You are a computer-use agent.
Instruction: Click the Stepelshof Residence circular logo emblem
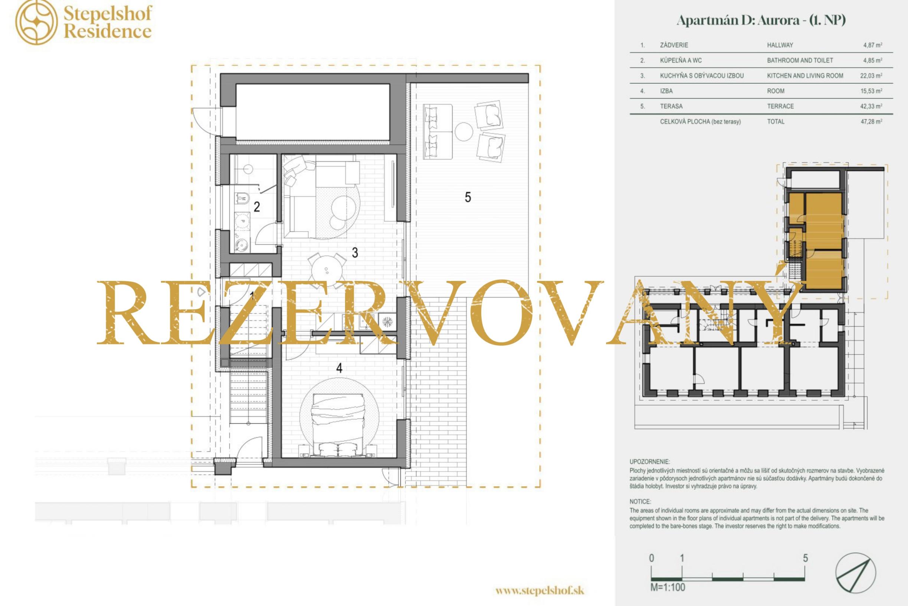pos(36,22)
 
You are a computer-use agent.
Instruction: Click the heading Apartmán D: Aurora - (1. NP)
pos(761,20)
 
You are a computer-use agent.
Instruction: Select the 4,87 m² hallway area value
pos(872,45)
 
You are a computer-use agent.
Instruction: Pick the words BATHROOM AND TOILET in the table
pos(800,60)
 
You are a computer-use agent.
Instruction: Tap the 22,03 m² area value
pos(871,76)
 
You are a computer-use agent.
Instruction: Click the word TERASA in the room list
pos(671,106)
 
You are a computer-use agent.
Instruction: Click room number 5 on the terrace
pos(468,198)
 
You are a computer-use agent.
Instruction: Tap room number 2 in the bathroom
pos(256,207)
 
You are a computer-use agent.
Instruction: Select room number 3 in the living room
pos(355,253)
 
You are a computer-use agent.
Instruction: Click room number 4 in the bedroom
pos(339,368)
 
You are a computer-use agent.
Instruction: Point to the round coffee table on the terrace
pos(464,132)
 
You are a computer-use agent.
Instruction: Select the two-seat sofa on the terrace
pos(438,132)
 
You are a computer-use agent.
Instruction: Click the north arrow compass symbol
pos(856,573)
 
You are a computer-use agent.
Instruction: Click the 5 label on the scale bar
pos(805,558)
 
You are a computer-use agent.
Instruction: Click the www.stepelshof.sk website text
pos(540,590)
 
